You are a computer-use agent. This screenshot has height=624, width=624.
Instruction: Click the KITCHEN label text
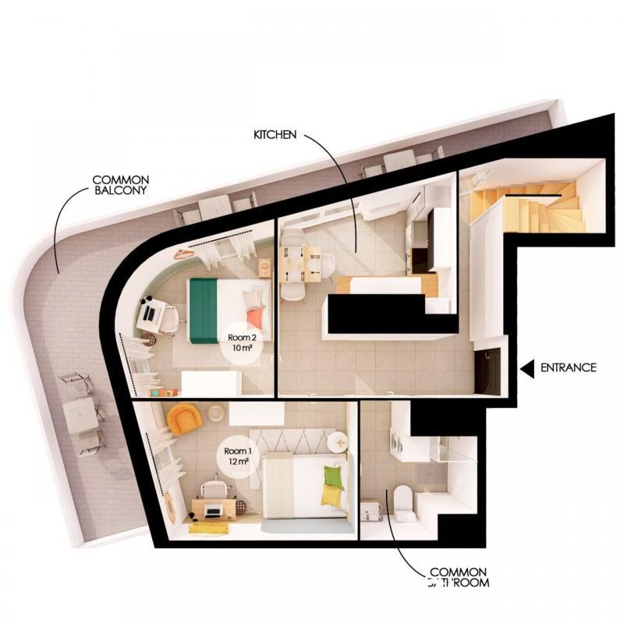coord(275,135)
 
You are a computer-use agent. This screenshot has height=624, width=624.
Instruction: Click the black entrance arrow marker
coord(527,367)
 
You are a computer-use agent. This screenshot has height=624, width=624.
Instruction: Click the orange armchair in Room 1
coord(184,419)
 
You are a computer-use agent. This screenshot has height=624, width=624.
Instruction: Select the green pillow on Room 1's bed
coord(333,477)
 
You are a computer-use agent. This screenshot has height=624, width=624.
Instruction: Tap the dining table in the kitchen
coord(300,264)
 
